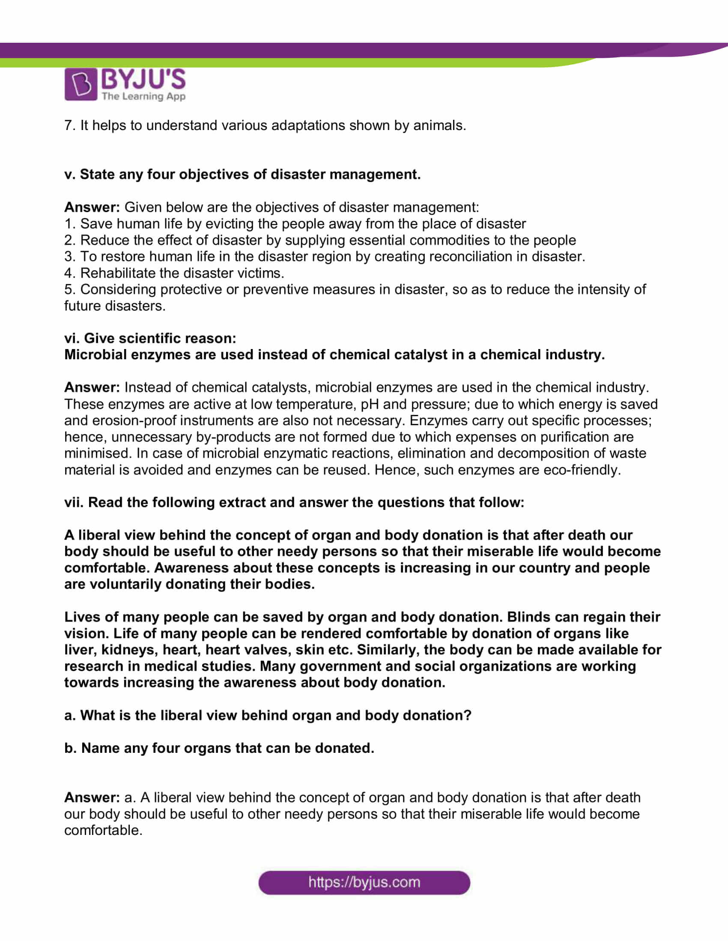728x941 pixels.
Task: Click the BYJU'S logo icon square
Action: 81,84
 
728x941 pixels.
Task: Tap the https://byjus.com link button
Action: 364,882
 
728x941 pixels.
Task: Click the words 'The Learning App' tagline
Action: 143,96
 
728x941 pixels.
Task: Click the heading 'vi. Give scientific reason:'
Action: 150,338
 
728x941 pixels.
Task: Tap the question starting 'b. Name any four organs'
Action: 219,748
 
